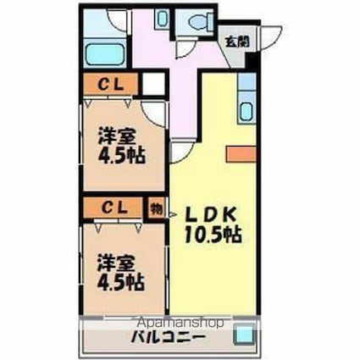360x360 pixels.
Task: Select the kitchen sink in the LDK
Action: pyautogui.click(x=246, y=110)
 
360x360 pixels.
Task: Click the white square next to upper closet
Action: pyautogui.click(x=152, y=85)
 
